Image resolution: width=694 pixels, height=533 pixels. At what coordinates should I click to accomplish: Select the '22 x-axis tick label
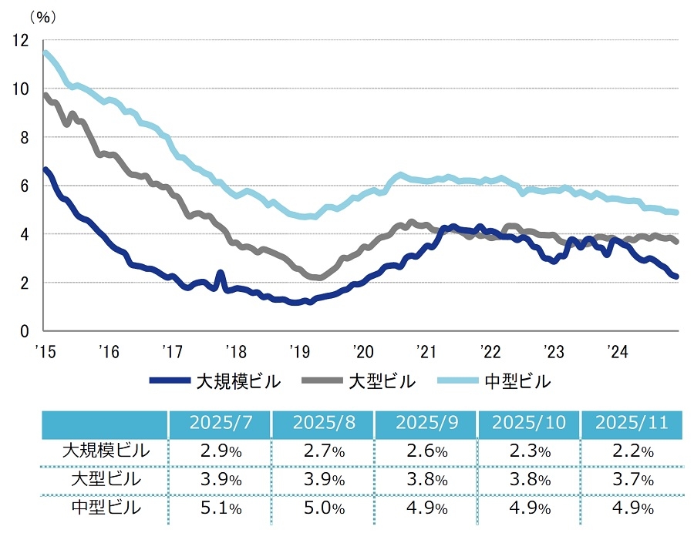click(488, 351)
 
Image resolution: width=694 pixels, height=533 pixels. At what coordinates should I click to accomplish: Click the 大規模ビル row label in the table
click(105, 451)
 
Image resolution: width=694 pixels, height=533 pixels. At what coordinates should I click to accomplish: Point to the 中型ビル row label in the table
click(105, 508)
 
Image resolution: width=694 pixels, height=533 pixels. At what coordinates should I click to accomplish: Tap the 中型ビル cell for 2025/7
click(218, 508)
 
